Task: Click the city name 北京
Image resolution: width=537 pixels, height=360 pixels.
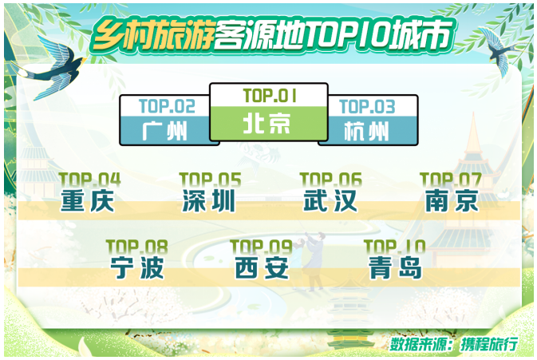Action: pyautogui.click(x=267, y=124)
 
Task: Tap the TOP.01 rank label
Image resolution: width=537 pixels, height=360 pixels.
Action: pyautogui.click(x=270, y=96)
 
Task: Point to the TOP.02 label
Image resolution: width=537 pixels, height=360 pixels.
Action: pyautogui.click(x=167, y=106)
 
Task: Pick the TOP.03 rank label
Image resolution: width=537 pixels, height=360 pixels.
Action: pyautogui.click(x=367, y=106)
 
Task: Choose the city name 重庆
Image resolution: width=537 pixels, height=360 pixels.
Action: pyautogui.click(x=87, y=200)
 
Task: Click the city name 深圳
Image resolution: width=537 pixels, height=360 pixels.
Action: pyautogui.click(x=208, y=200)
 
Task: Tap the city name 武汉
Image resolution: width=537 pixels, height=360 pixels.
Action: pyautogui.click(x=330, y=200)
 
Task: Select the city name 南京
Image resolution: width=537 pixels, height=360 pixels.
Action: pyautogui.click(x=452, y=200)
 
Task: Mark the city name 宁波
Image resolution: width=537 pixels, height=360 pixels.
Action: pyautogui.click(x=137, y=267)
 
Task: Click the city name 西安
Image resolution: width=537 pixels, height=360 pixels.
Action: pyautogui.click(x=262, y=267)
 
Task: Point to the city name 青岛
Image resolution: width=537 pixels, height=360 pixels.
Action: pyautogui.click(x=395, y=267)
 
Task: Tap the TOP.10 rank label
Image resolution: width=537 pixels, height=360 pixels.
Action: pyautogui.click(x=394, y=247)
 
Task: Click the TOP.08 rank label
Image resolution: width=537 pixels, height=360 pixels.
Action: pyautogui.click(x=137, y=247)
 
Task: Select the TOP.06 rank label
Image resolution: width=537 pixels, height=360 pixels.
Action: pyautogui.click(x=330, y=180)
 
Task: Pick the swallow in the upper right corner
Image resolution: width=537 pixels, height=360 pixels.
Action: pyautogui.click(x=498, y=51)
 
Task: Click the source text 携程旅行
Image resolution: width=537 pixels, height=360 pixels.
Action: pyautogui.click(x=488, y=344)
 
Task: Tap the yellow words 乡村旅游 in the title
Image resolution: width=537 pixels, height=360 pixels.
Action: pyautogui.click(x=153, y=35)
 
